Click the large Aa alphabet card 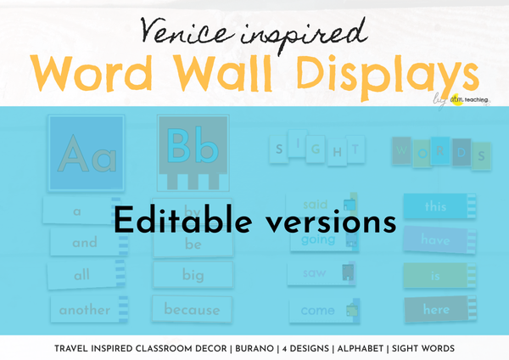click(x=85, y=152)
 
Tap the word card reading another click(x=85, y=310)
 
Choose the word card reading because click(x=191, y=310)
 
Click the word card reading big click(x=191, y=275)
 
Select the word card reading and click(x=85, y=242)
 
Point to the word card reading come click(x=318, y=311)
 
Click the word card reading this click(x=435, y=206)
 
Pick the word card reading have click(x=435, y=240)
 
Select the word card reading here click(x=435, y=310)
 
